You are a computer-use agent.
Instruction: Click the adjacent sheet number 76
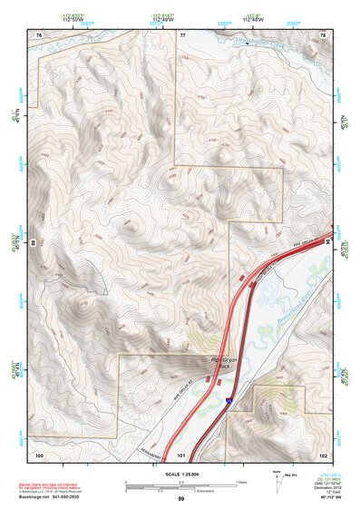click(39, 34)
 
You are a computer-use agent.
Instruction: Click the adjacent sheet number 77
click(183, 34)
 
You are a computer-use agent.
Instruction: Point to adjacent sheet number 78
click(323, 34)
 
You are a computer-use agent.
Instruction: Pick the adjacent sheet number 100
click(38, 454)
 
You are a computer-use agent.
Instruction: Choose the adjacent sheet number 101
click(181, 454)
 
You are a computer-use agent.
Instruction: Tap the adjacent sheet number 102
click(323, 454)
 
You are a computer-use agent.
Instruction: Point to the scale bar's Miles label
click(241, 481)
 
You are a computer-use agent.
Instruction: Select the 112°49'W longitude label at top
click(163, 17)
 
